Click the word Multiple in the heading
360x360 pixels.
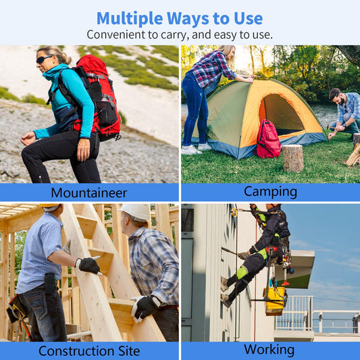click(x=130, y=18)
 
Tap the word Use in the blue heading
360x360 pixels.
click(x=248, y=18)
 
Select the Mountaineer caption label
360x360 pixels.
click(x=89, y=192)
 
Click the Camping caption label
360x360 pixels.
click(x=270, y=192)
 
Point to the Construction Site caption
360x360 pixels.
click(x=89, y=351)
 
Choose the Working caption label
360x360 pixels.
click(x=269, y=350)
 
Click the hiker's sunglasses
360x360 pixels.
click(x=45, y=59)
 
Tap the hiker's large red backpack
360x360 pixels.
click(x=97, y=97)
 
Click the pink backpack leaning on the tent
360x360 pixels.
click(x=268, y=139)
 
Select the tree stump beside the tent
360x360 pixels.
click(x=292, y=158)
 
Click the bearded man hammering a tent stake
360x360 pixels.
click(x=344, y=113)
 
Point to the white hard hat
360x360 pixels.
click(x=136, y=212)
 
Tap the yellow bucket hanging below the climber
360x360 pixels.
click(x=275, y=301)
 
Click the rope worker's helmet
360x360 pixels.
click(x=274, y=205)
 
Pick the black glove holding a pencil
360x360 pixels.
click(x=89, y=265)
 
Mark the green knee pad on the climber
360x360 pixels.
click(x=242, y=272)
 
